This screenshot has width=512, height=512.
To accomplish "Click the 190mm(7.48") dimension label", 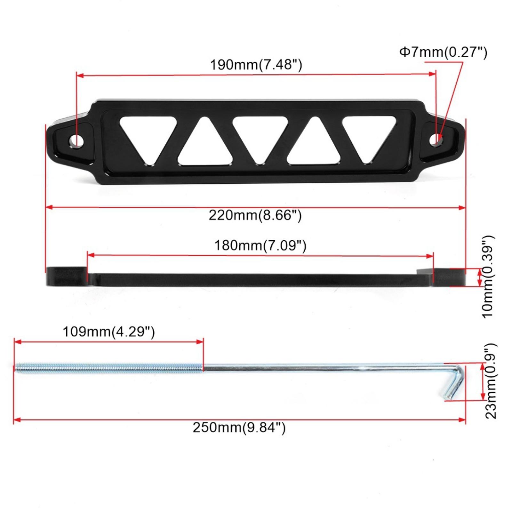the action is (x=256, y=65).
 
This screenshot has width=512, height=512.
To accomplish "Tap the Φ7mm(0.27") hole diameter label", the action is (x=443, y=52).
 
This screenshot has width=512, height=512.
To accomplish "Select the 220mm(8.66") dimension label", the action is (x=255, y=215).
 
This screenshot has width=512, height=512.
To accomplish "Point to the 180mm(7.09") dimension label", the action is (x=260, y=246).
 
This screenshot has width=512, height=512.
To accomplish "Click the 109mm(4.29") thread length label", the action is (x=109, y=332).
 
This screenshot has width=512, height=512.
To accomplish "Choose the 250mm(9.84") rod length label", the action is (x=239, y=428).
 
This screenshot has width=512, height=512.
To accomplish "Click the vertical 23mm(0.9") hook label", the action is (x=490, y=381).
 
